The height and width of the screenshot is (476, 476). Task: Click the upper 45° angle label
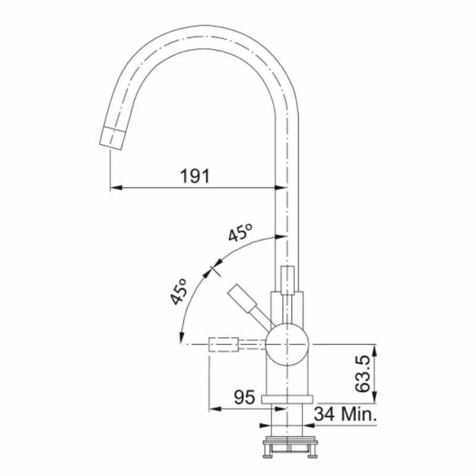tap(240, 233)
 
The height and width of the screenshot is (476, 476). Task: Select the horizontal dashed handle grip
tap(223, 345)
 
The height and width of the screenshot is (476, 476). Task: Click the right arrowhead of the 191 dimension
tap(284, 187)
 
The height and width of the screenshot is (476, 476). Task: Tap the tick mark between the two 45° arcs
tap(214, 270)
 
